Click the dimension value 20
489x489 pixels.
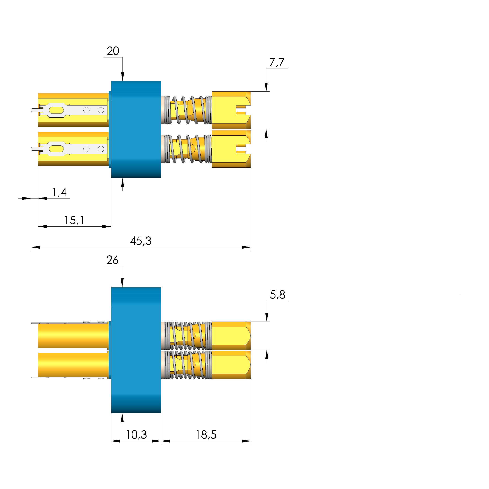(x=113, y=51)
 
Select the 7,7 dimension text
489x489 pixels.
(x=277, y=62)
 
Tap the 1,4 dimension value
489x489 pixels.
(x=59, y=192)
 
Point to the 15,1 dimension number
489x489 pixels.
(x=74, y=220)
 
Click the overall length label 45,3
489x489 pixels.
(x=141, y=241)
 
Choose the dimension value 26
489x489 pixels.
(x=112, y=260)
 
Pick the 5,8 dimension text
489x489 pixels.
(x=277, y=295)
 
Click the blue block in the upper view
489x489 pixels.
(x=136, y=130)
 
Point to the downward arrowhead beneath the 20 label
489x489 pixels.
(x=122, y=76)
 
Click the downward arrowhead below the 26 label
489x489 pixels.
(x=122, y=282)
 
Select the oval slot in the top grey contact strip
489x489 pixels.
(x=56, y=110)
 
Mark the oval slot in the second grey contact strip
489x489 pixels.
(x=56, y=149)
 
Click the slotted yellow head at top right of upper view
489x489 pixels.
(x=231, y=110)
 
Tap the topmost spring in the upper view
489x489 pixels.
(x=187, y=110)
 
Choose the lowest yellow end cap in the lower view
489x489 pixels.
(x=231, y=365)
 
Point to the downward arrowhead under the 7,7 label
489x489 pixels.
(x=266, y=87)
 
